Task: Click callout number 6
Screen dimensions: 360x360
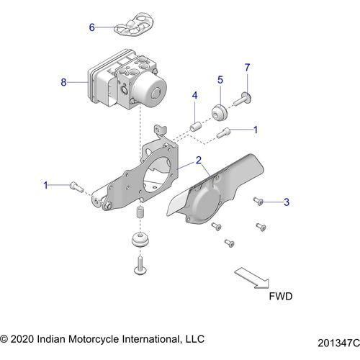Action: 92,27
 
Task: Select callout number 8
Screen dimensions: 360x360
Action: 63,83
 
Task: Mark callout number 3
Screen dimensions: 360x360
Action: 286,202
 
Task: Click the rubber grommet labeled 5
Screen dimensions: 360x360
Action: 220,114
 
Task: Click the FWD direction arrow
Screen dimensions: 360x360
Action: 249,276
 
